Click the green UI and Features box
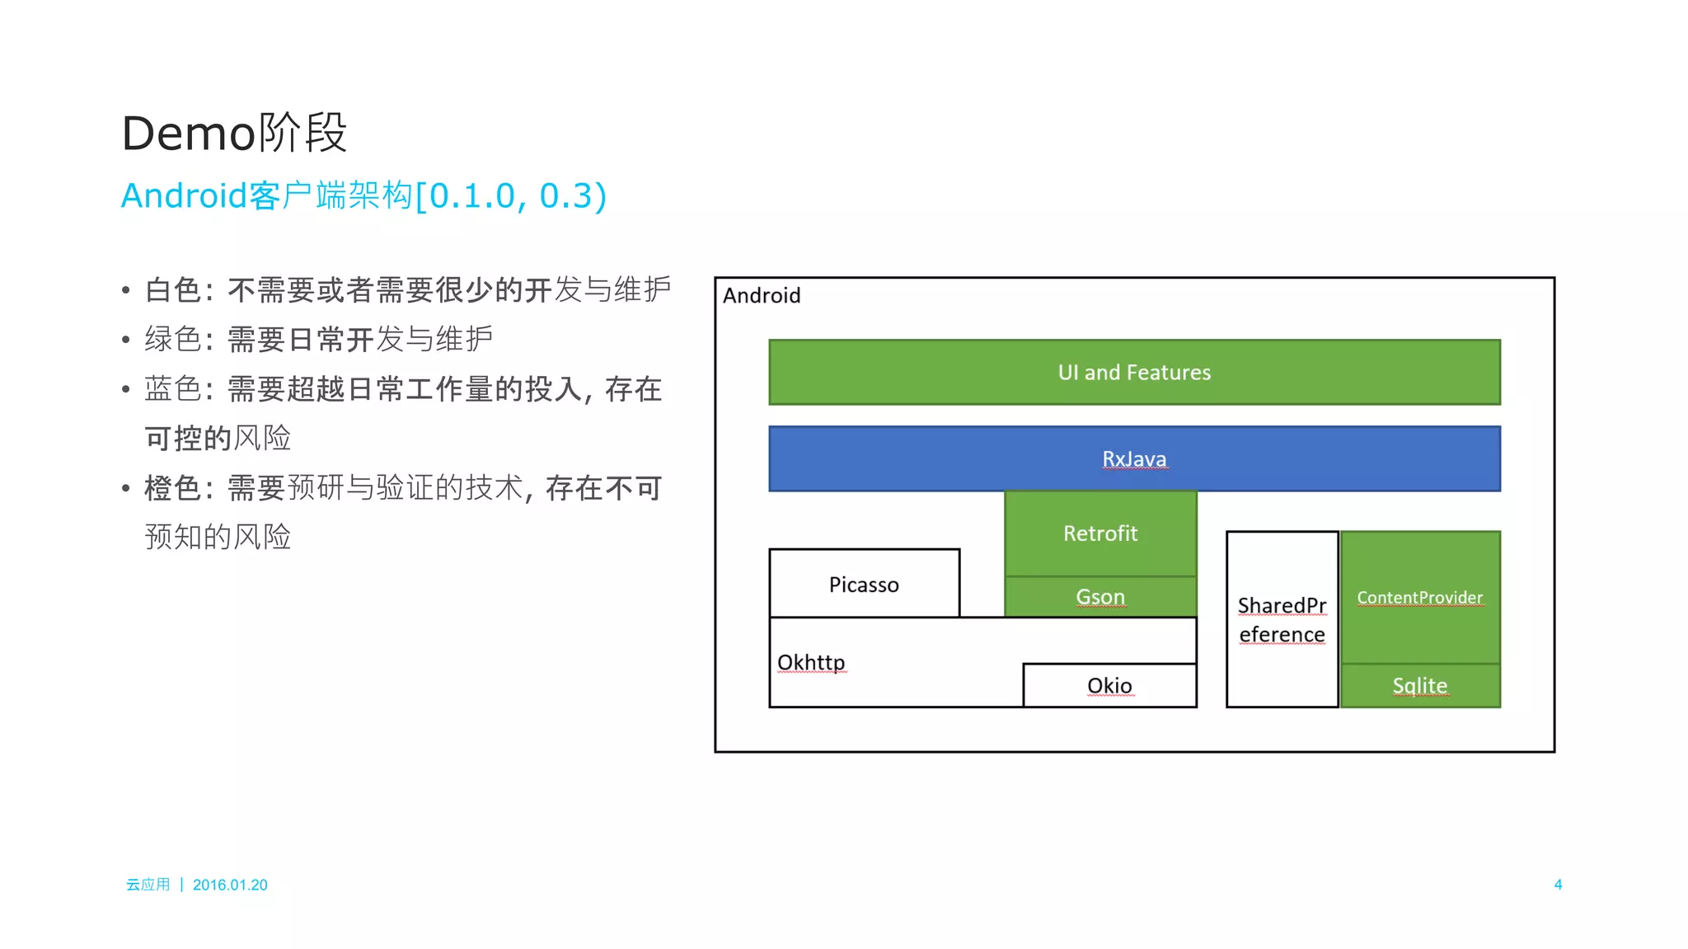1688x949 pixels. click(x=1134, y=372)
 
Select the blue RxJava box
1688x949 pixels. click(x=1134, y=458)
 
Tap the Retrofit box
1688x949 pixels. click(x=1100, y=533)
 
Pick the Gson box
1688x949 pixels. click(x=1100, y=596)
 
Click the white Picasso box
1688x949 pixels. click(x=864, y=584)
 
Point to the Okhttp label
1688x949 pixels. click(x=811, y=662)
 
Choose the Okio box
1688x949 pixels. click(x=1109, y=685)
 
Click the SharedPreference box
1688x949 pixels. click(x=1282, y=619)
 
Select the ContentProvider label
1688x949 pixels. click(x=1419, y=597)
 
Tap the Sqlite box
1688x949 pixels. click(x=1419, y=685)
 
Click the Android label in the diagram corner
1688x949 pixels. click(x=762, y=295)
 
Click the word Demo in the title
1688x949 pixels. click(x=188, y=133)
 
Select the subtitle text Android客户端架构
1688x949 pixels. click(x=265, y=195)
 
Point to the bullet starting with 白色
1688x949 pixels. click(x=407, y=289)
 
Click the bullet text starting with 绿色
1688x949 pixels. click(x=318, y=339)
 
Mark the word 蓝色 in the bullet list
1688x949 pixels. click(x=173, y=388)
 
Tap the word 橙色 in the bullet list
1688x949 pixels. click(x=173, y=487)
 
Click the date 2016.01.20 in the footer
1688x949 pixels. click(x=230, y=885)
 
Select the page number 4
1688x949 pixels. click(x=1558, y=884)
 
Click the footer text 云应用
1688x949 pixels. click(x=148, y=885)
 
